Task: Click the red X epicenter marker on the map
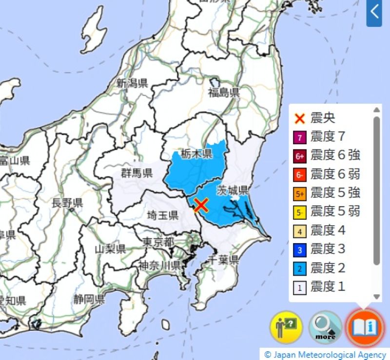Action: tap(201, 205)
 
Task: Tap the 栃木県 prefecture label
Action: tap(196, 154)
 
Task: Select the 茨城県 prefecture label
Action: tap(233, 189)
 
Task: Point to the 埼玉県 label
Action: tap(163, 215)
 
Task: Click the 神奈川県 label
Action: tap(159, 265)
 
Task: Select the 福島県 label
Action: tap(224, 93)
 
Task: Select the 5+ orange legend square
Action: tap(300, 193)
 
